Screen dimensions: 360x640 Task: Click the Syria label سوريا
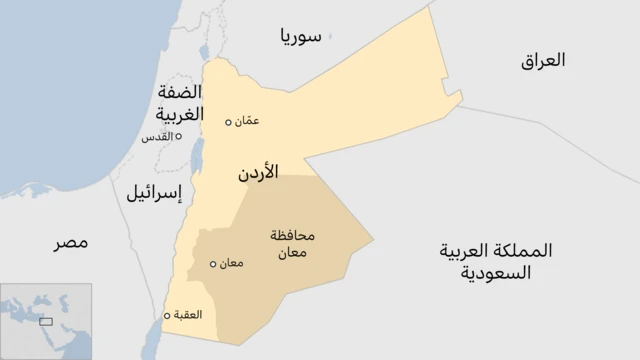point(301,38)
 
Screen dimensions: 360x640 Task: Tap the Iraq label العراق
point(543,60)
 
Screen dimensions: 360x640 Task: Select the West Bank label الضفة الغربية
point(180,102)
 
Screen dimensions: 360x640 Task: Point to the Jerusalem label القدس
point(157,136)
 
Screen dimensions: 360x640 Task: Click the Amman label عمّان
point(248,121)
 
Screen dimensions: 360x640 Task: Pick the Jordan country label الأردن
point(258,172)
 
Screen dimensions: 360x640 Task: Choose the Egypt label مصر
point(70,242)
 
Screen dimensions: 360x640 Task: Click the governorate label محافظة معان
point(292,244)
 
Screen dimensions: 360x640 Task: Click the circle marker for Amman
point(229,122)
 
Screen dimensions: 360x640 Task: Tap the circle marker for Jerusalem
point(179,136)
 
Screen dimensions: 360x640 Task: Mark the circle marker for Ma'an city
point(212,265)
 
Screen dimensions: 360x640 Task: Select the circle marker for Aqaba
point(167,315)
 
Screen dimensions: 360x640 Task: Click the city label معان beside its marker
point(230,264)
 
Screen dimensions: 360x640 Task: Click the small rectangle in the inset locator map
point(46,321)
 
